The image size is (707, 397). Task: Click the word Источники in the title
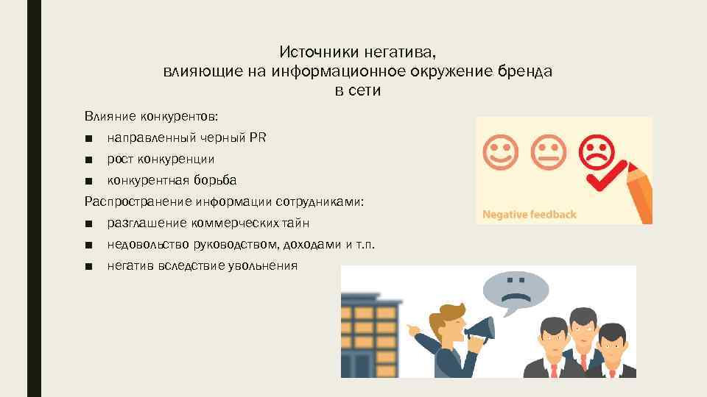pos(309,53)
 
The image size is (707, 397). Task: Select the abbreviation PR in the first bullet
pos(258,137)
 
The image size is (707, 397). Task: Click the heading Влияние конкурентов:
pos(151,116)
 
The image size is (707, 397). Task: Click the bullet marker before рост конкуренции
pos(88,159)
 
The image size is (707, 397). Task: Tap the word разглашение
pos(146,223)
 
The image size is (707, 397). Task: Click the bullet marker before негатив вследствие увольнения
pos(88,266)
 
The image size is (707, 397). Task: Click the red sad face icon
pos(597,150)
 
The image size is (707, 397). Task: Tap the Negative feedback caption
pos(529,215)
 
